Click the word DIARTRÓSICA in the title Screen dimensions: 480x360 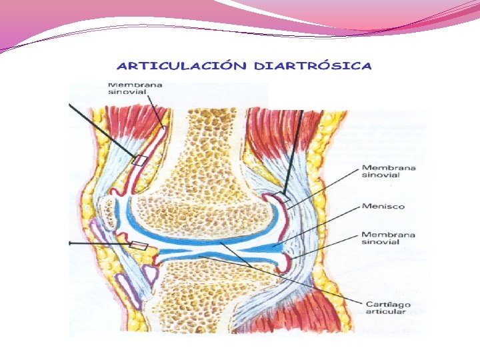pos(313,66)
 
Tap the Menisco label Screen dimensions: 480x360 pos(383,207)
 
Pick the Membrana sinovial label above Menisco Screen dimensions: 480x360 pos(389,171)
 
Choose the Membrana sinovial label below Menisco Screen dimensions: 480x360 pos(389,238)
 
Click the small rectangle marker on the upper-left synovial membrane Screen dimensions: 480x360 pos(139,160)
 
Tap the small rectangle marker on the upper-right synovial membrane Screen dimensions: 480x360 pos(283,197)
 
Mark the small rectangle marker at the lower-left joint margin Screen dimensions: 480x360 pos(138,246)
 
